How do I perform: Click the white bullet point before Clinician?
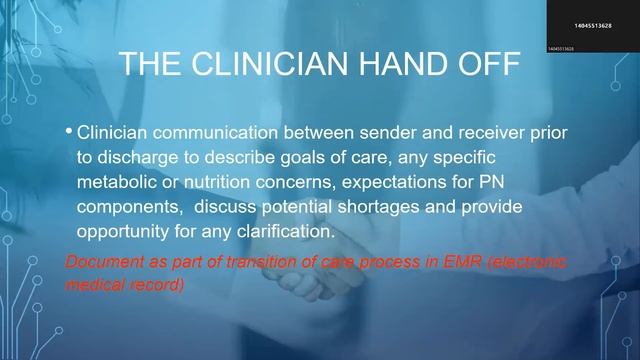click(68, 131)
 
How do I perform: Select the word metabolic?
click(115, 182)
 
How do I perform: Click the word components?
click(126, 206)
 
